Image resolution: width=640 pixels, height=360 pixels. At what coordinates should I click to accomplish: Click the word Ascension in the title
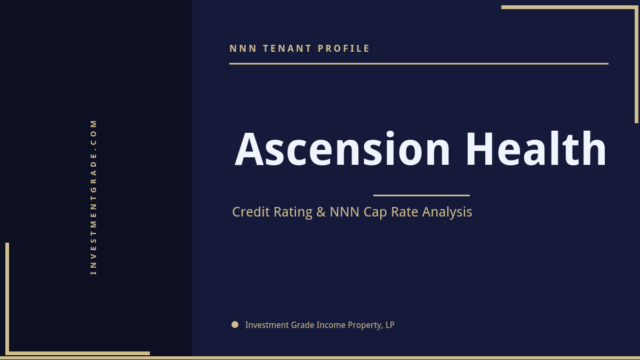[x=343, y=149]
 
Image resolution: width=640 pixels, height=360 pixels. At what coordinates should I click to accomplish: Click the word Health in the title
[x=535, y=149]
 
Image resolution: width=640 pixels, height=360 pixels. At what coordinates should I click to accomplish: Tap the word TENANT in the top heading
[x=287, y=49]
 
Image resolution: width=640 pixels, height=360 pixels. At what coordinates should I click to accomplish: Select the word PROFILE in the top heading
[x=344, y=49]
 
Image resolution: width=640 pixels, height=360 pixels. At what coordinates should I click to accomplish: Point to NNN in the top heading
[x=243, y=49]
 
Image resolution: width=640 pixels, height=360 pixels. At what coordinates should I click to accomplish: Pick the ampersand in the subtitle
[x=321, y=212]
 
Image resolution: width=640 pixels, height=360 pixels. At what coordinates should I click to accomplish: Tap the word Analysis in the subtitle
[x=447, y=212]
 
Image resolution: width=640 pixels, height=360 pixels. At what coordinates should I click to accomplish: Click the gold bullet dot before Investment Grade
[x=235, y=324]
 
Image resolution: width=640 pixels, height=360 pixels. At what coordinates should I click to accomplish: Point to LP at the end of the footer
[x=389, y=325]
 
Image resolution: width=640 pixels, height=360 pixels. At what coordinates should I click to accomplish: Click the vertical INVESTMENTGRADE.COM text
[x=93, y=197]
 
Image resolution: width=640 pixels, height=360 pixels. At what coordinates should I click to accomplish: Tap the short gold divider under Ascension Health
[x=421, y=195]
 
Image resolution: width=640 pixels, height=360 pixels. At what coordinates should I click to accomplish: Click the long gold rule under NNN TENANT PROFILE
[x=419, y=63]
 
